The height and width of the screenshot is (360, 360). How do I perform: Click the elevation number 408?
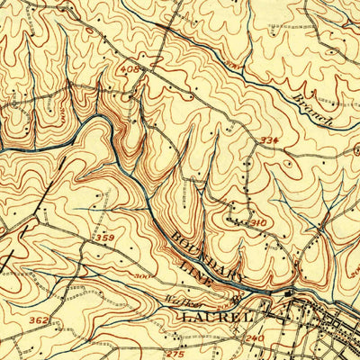click(130, 68)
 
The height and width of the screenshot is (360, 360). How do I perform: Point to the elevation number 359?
click(103, 237)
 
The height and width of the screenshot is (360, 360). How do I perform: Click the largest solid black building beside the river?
click(290, 293)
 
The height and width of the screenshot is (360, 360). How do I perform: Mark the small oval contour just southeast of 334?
click(287, 164)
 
